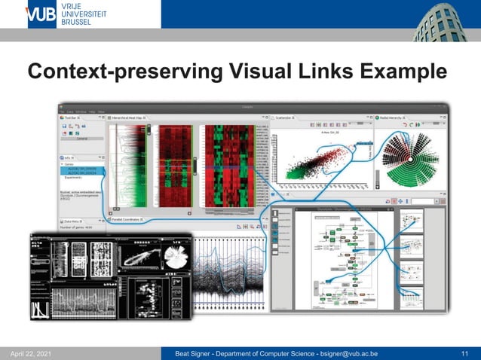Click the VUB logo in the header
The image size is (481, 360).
[41, 15]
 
